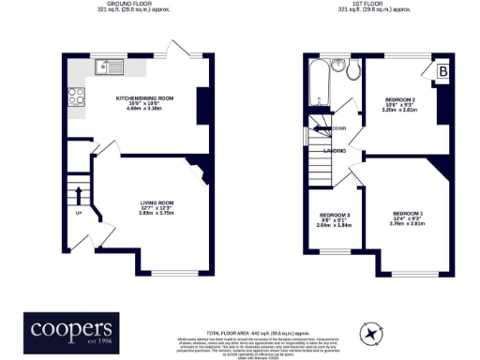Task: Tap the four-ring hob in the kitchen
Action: coord(74,94)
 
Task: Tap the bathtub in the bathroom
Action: coord(318,83)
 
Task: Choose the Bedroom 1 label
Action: coord(409,217)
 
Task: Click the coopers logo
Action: coord(71,329)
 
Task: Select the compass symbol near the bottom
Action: coord(372,333)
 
